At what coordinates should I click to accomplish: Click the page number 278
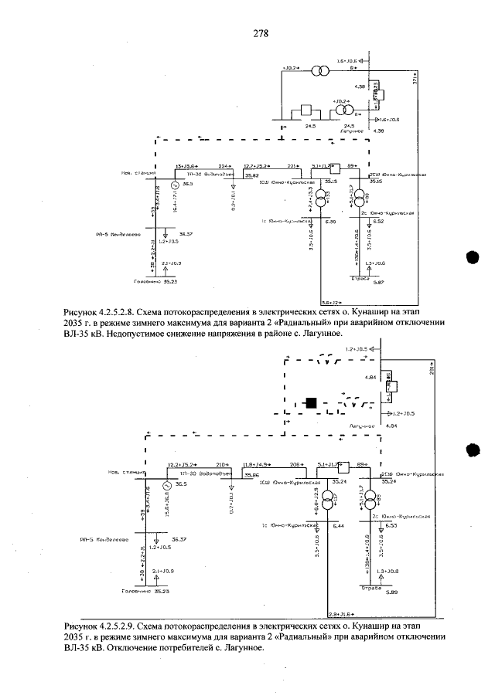click(x=260, y=34)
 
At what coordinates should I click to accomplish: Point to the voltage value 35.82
click(x=251, y=176)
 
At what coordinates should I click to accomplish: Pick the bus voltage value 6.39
click(x=330, y=222)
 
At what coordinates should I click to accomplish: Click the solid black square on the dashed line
click(x=311, y=402)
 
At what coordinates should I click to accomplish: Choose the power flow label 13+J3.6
click(x=187, y=166)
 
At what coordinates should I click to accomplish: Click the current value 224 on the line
click(x=224, y=166)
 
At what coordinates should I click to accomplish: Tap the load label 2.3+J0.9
click(x=172, y=263)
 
